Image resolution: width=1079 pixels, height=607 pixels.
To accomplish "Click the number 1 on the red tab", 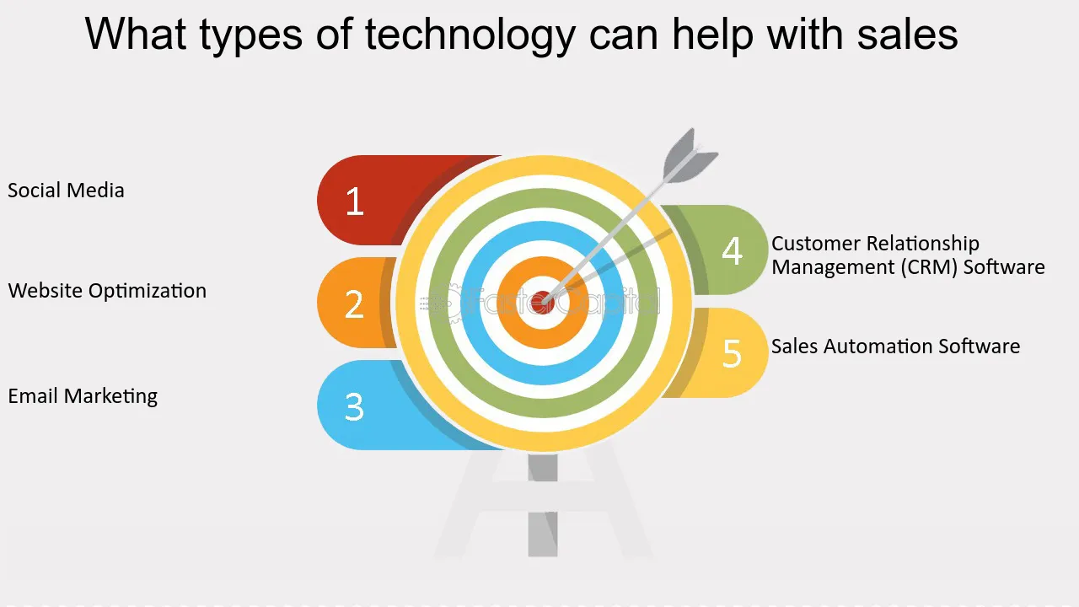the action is [x=355, y=201].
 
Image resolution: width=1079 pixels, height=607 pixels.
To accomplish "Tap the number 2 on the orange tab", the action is [x=355, y=304].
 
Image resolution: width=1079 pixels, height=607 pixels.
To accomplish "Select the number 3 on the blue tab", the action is [x=355, y=407].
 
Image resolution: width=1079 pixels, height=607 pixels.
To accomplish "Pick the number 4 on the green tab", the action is [x=733, y=250].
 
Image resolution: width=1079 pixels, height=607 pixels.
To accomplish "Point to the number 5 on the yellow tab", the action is [x=733, y=353].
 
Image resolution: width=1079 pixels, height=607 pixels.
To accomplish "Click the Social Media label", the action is [x=66, y=191].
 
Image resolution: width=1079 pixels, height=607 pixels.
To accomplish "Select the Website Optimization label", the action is [x=107, y=291].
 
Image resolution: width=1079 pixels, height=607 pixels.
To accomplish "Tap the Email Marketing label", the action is [x=83, y=396].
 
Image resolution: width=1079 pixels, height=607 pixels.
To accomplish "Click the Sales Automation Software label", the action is [x=895, y=346].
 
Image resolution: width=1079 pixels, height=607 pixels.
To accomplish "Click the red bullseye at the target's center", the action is [x=542, y=303].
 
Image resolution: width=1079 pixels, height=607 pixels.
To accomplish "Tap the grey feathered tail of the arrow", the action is [x=690, y=157].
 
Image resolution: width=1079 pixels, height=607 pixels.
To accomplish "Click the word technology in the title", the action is [x=470, y=35].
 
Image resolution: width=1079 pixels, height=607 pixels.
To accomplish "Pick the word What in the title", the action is [x=136, y=34].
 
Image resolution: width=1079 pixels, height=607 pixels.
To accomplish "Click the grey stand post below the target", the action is [x=543, y=505].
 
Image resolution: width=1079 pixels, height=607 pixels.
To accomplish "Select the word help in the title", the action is [x=712, y=35].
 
